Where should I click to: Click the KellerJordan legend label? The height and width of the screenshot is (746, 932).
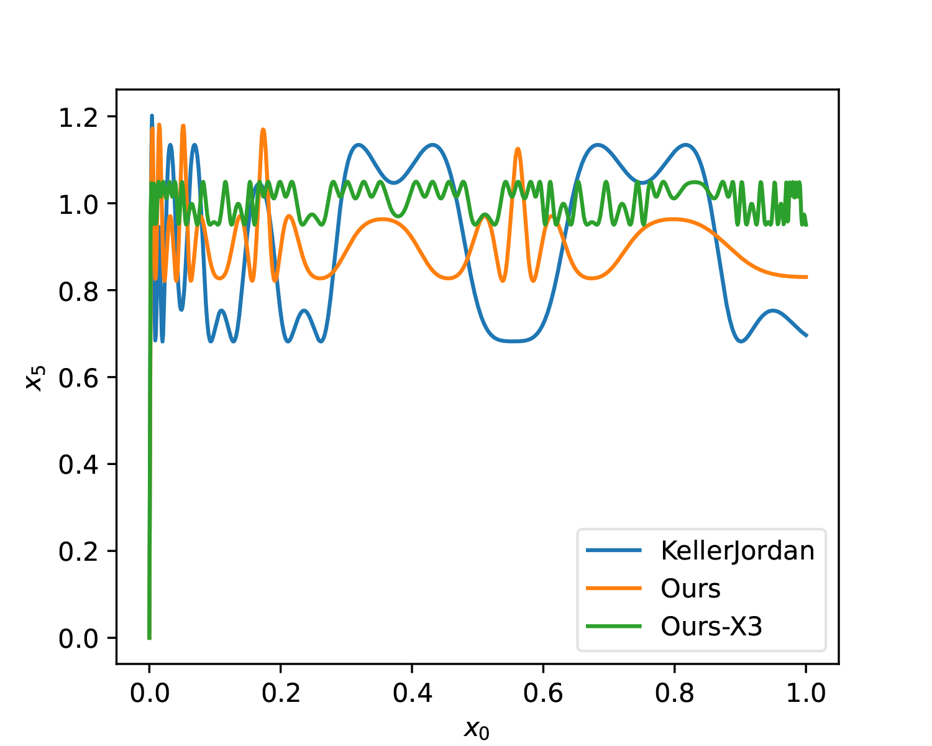[738, 551]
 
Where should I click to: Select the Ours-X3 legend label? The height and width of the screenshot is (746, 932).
[711, 627]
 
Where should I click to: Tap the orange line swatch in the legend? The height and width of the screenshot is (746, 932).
[614, 588]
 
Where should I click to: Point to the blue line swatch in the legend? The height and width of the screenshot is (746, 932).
[614, 550]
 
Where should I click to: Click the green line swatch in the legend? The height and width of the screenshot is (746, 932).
[614, 626]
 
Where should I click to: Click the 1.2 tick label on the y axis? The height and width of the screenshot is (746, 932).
[79, 117]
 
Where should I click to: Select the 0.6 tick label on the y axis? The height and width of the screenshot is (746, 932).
[79, 377]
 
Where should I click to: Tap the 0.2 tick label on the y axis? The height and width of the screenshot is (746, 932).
[79, 551]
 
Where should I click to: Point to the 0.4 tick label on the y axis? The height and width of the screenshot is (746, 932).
[79, 464]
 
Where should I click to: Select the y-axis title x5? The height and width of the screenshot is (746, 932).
[35, 377]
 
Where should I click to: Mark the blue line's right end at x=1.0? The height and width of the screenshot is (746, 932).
[806, 336]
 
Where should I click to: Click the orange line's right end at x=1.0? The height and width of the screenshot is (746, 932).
[806, 277]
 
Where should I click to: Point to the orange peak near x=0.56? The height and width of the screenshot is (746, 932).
[518, 149]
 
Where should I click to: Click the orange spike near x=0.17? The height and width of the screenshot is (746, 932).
[263, 129]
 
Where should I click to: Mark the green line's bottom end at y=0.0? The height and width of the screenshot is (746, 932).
[149, 638]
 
